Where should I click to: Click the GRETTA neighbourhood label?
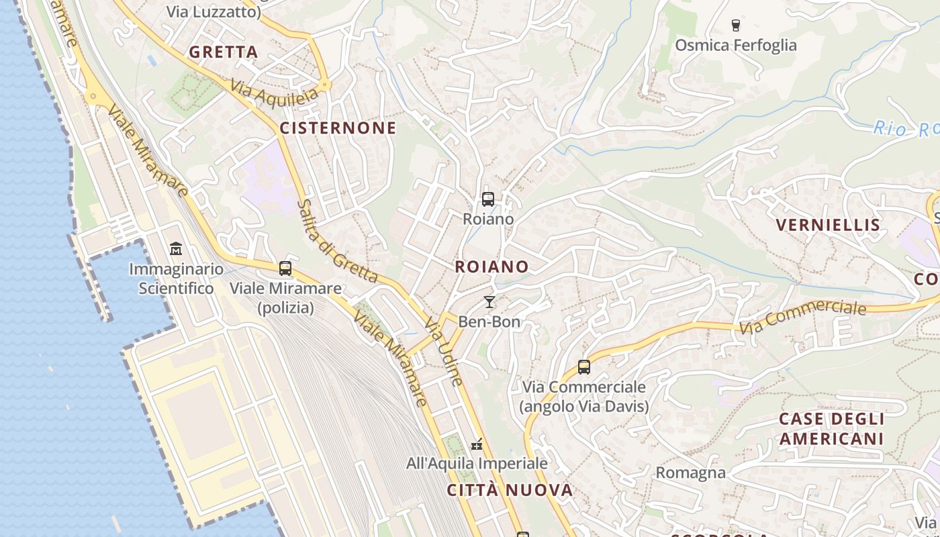[x=223, y=52]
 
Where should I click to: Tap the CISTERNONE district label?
[x=338, y=128]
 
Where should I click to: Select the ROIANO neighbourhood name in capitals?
[x=491, y=266]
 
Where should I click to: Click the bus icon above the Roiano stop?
[x=488, y=199]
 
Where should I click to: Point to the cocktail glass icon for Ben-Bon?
[x=489, y=302]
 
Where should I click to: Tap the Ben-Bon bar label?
[x=489, y=322]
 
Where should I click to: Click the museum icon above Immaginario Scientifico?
[x=176, y=249]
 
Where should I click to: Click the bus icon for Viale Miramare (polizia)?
[x=285, y=268]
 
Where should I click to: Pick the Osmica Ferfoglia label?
[x=735, y=45]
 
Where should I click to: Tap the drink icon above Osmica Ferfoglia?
[x=735, y=26]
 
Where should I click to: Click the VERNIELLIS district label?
[x=827, y=225]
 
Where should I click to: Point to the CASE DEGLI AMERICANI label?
[x=831, y=429]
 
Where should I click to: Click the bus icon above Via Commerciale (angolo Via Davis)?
[x=584, y=367]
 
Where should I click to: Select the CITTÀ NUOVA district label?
[x=510, y=490]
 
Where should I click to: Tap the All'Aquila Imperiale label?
[x=477, y=463]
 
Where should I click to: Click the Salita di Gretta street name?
[x=337, y=240]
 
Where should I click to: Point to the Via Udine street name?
[x=443, y=352]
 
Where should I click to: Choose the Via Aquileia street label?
[x=273, y=93]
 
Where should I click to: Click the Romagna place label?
[x=690, y=473]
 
